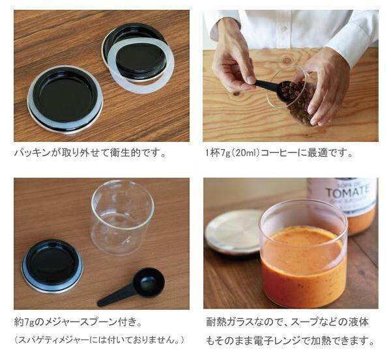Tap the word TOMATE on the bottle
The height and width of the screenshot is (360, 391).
pos(347,192)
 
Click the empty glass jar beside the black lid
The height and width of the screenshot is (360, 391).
pos(123,217)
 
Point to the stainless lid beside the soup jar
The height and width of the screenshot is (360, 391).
pos(234,232)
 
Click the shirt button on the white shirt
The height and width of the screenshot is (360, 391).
pos(283,28)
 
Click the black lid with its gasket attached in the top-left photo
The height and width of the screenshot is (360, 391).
pos(65,100)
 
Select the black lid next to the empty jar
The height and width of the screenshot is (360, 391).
pos(53,266)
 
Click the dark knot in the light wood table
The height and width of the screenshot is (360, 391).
pos(237,94)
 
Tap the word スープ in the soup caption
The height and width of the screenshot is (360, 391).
pos(305,322)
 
